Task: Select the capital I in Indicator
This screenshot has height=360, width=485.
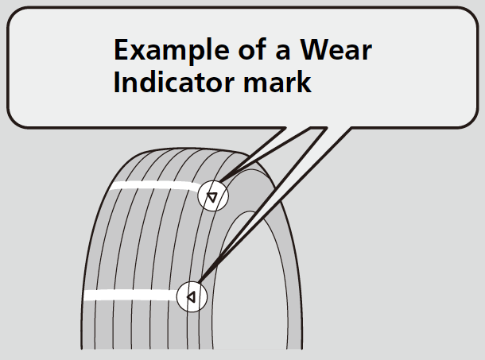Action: coord(117,83)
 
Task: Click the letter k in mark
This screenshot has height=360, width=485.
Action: coord(302,83)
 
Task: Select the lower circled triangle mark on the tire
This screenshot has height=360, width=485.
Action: coord(191,296)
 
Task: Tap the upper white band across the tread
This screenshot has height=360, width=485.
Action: coord(151,187)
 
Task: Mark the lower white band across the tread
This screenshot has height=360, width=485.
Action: coord(127,296)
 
